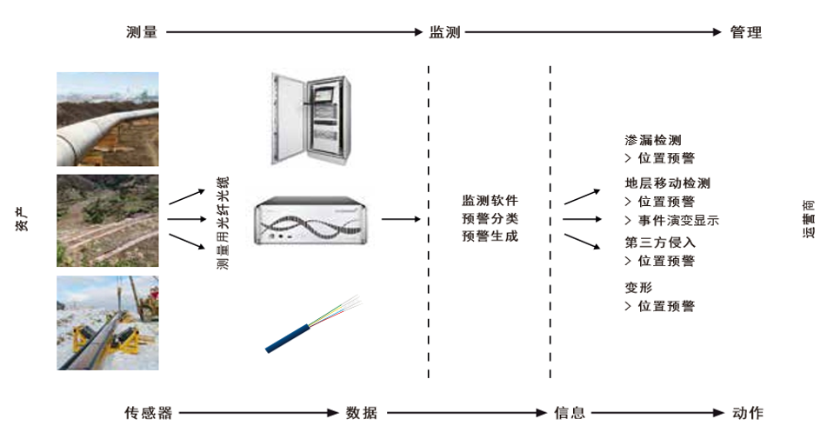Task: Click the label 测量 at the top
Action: point(142,32)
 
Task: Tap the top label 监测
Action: point(444,32)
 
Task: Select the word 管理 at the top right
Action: point(746,32)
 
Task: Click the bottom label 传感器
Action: point(149,413)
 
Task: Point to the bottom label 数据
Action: point(362,413)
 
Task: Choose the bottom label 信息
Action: point(570,413)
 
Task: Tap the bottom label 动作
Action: point(748,413)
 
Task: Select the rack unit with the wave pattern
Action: point(310,220)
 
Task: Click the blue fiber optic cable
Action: point(312,324)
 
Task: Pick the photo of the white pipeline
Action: point(108,119)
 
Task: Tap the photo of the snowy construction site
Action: point(108,323)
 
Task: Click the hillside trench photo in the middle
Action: point(108,221)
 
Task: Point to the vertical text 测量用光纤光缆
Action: point(223,223)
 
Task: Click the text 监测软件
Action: point(490,200)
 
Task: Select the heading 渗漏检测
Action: point(653,140)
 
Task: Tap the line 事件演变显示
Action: point(678,220)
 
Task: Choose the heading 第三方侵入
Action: point(660,243)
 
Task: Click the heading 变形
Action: point(638,288)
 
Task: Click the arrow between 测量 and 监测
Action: point(294,32)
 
